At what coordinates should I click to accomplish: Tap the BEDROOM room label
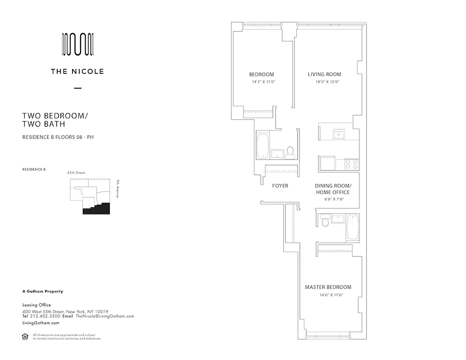coord(262,75)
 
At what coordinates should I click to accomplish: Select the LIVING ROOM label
coord(324,75)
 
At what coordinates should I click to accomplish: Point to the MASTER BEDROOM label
coord(328,287)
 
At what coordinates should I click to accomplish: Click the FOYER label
coord(280,186)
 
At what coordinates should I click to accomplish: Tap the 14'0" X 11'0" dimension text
coord(328,295)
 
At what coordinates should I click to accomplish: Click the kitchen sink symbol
coord(339,134)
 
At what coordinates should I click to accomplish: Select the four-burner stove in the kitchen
coord(352,163)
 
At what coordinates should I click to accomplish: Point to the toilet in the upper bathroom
coord(290,152)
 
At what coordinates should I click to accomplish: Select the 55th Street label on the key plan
coord(76,173)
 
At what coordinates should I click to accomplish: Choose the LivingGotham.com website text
coord(41,323)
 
